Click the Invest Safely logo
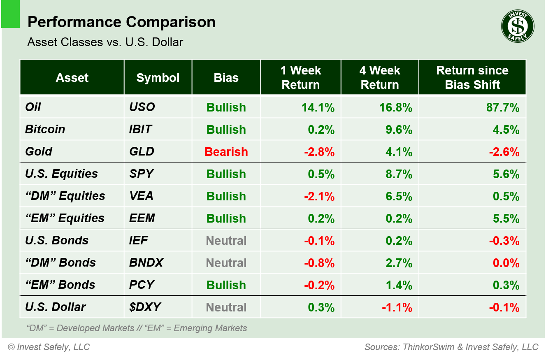[x=517, y=26]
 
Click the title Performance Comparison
[x=121, y=22]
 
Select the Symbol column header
[x=158, y=78]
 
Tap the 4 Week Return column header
[x=379, y=78]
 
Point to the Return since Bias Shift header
[x=472, y=78]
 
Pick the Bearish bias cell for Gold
[x=226, y=152]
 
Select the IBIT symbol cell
[x=140, y=130]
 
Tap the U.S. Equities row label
[x=61, y=174]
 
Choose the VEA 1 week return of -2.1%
[x=319, y=196]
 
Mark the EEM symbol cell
[x=142, y=218]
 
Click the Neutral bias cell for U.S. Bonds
[x=226, y=241]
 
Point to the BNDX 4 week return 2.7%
[x=399, y=263]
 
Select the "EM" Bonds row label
[x=60, y=285]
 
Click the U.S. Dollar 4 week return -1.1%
[x=397, y=307]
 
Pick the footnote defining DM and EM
[x=137, y=328]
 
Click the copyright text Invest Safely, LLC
[x=49, y=347]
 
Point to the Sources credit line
[x=451, y=347]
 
